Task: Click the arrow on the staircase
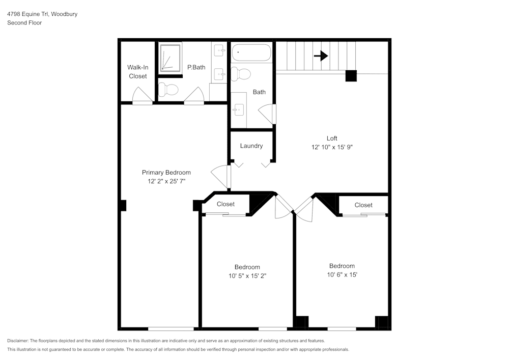click(321, 56)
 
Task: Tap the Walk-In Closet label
click(137, 72)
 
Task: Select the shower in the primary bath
click(170, 57)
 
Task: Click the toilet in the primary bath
click(168, 90)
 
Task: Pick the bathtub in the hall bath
click(251, 52)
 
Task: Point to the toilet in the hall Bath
click(241, 74)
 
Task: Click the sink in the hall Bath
click(238, 109)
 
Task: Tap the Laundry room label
click(251, 146)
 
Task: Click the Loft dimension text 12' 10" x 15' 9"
click(332, 147)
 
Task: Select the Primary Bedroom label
click(166, 173)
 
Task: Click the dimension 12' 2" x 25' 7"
click(166, 181)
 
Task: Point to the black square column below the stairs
click(351, 76)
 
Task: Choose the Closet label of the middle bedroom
click(225, 204)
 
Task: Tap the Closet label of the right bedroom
click(363, 205)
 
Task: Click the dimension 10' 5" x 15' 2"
click(247, 276)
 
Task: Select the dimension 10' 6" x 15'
click(342, 275)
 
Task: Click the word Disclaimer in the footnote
click(18, 341)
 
